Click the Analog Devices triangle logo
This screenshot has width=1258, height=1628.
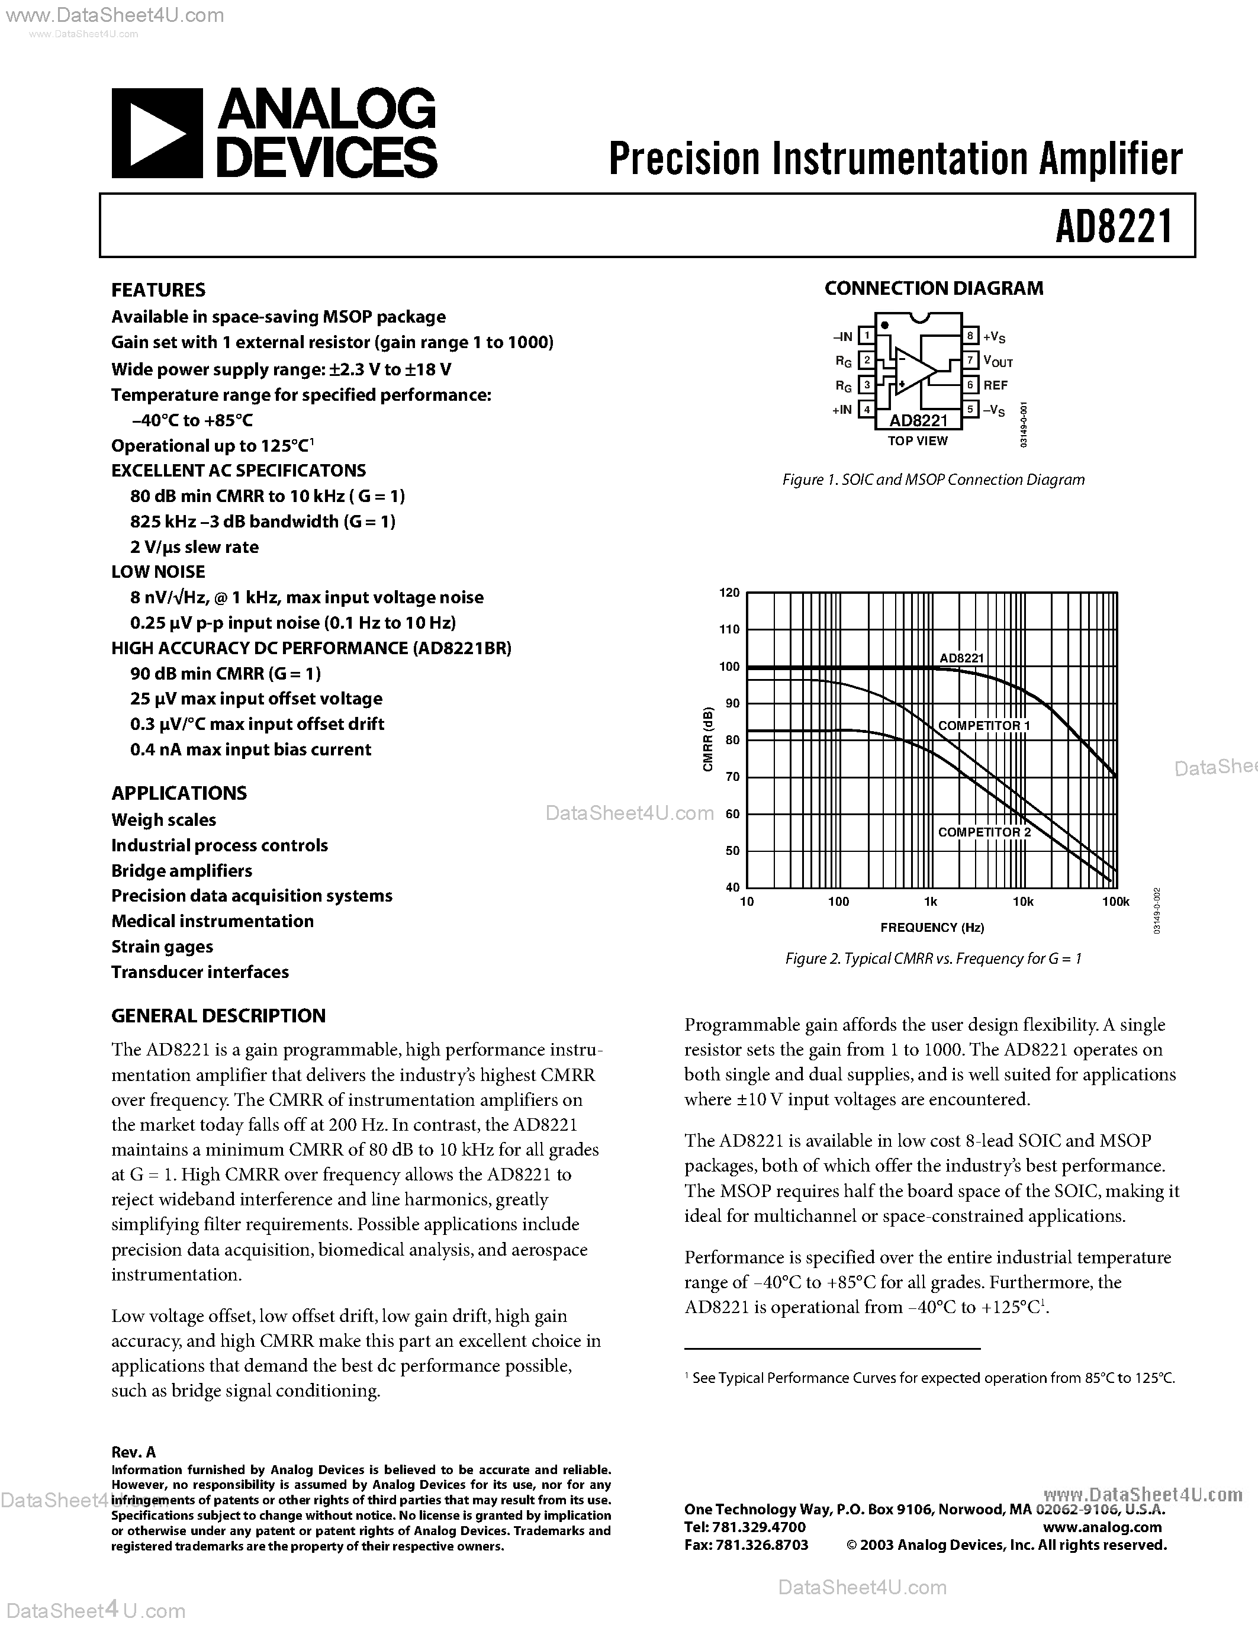pyautogui.click(x=156, y=133)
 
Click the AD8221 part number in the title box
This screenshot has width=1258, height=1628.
pyautogui.click(x=1114, y=226)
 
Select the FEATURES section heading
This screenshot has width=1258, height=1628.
pyautogui.click(x=158, y=290)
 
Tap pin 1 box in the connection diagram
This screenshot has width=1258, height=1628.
pyautogui.click(x=866, y=336)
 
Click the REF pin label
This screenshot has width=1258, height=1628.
pyautogui.click(x=995, y=385)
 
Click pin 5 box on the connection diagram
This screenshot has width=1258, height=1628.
pyautogui.click(x=970, y=409)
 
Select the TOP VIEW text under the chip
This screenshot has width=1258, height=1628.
pyautogui.click(x=918, y=441)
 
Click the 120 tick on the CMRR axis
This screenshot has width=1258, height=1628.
pyautogui.click(x=729, y=593)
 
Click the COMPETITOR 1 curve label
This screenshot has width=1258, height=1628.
pyautogui.click(x=984, y=725)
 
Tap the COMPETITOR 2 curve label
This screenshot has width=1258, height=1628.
pyautogui.click(x=984, y=832)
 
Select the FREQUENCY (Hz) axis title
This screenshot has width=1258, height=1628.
pyautogui.click(x=932, y=927)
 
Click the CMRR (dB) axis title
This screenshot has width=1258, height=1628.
pyautogui.click(x=708, y=739)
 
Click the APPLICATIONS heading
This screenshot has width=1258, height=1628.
pyautogui.click(x=179, y=793)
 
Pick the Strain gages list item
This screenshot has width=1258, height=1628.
pyautogui.click(x=162, y=947)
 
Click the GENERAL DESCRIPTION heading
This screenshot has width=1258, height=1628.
pyautogui.click(x=218, y=1016)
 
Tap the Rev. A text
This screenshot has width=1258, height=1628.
pyautogui.click(x=133, y=1452)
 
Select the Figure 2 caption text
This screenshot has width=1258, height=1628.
pyautogui.click(x=933, y=958)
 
